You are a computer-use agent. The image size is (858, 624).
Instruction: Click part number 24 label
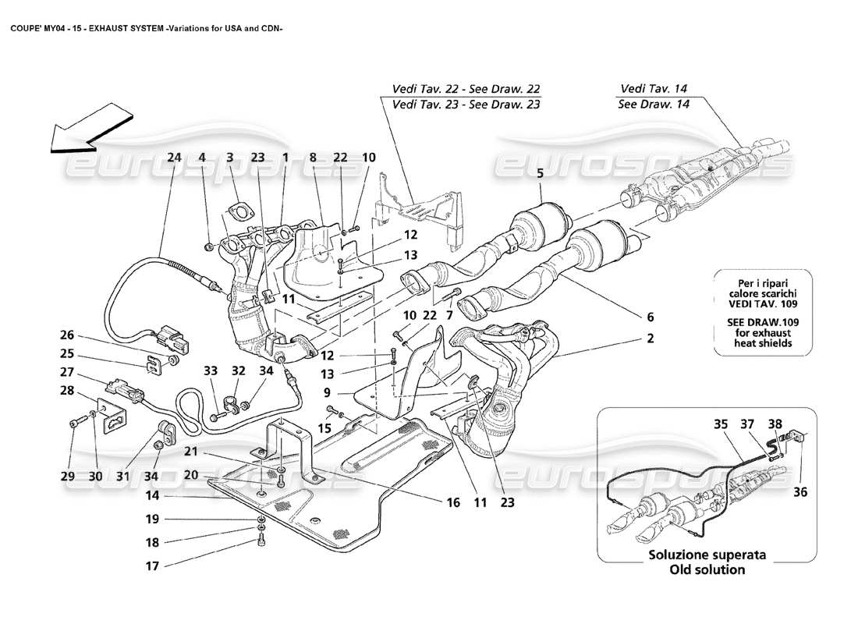[174, 157]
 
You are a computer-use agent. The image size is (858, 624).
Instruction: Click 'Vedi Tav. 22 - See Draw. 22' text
[466, 89]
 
